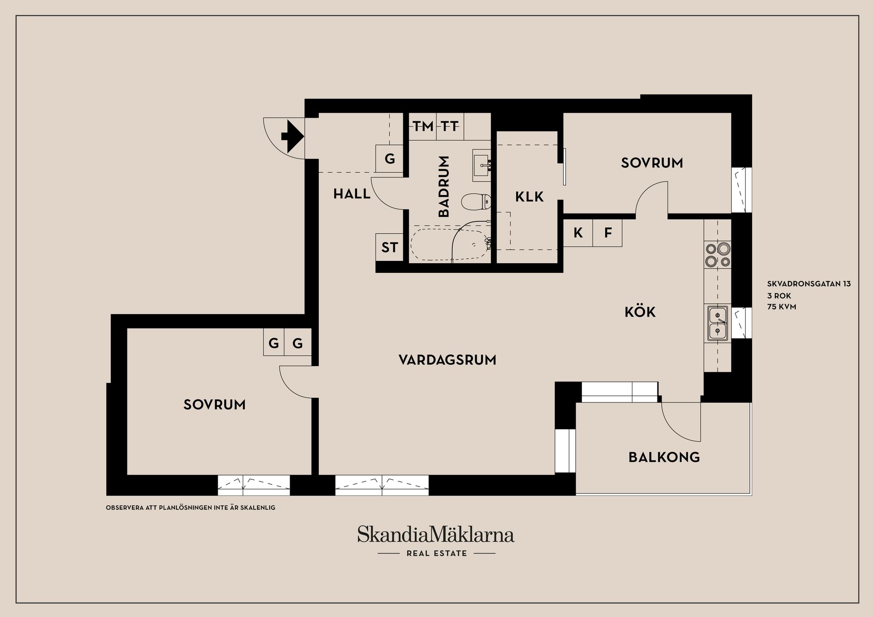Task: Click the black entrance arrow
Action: click(x=292, y=135)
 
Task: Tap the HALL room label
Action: click(x=351, y=194)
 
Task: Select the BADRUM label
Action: click(x=444, y=186)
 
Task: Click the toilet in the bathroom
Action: click(x=476, y=201)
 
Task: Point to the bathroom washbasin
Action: click(x=482, y=165)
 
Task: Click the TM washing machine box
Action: click(x=423, y=126)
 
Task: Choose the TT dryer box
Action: click(x=450, y=126)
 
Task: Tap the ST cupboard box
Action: click(x=389, y=247)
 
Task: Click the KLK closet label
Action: click(x=529, y=197)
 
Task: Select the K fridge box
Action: click(x=578, y=233)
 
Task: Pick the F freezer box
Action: click(x=607, y=233)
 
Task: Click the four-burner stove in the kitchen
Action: click(x=717, y=255)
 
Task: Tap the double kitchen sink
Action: click(x=717, y=323)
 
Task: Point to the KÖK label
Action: click(x=640, y=312)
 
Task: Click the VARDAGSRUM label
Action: click(x=447, y=360)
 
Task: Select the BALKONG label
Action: click(x=664, y=457)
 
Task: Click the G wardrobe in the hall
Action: click(x=390, y=159)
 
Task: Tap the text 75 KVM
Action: click(x=782, y=307)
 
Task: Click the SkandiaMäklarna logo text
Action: click(x=436, y=535)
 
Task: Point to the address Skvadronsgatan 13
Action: click(x=809, y=284)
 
